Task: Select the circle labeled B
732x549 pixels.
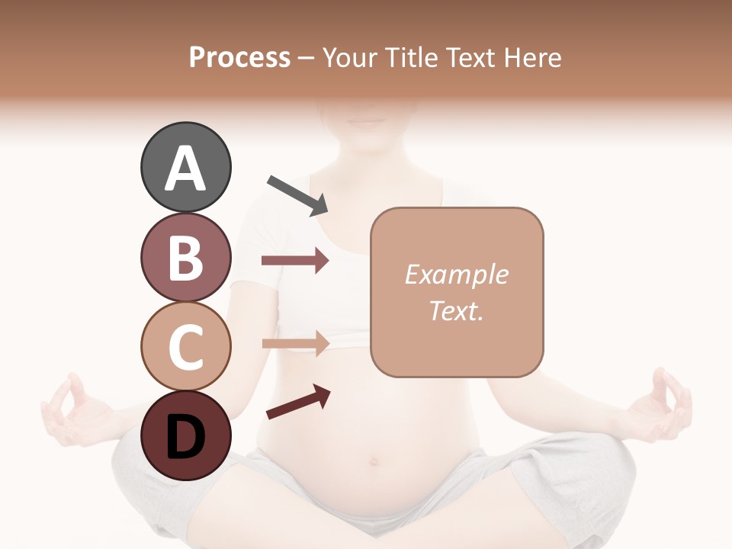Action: [x=185, y=258]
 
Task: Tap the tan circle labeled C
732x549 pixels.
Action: [x=185, y=347]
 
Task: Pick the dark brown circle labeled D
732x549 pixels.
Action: [x=185, y=435]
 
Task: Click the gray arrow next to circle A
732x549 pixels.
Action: [x=297, y=194]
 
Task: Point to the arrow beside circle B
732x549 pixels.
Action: [x=295, y=261]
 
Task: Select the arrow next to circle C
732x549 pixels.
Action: [x=295, y=343]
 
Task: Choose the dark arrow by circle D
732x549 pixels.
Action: [x=297, y=403]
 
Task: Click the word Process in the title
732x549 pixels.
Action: [x=239, y=57]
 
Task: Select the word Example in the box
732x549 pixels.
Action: [x=456, y=274]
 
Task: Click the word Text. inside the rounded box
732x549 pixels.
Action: [x=456, y=310]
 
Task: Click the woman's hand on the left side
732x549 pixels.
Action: [x=72, y=412]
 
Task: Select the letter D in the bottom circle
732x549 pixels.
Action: [x=185, y=437]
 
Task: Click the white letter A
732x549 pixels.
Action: [x=185, y=168]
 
